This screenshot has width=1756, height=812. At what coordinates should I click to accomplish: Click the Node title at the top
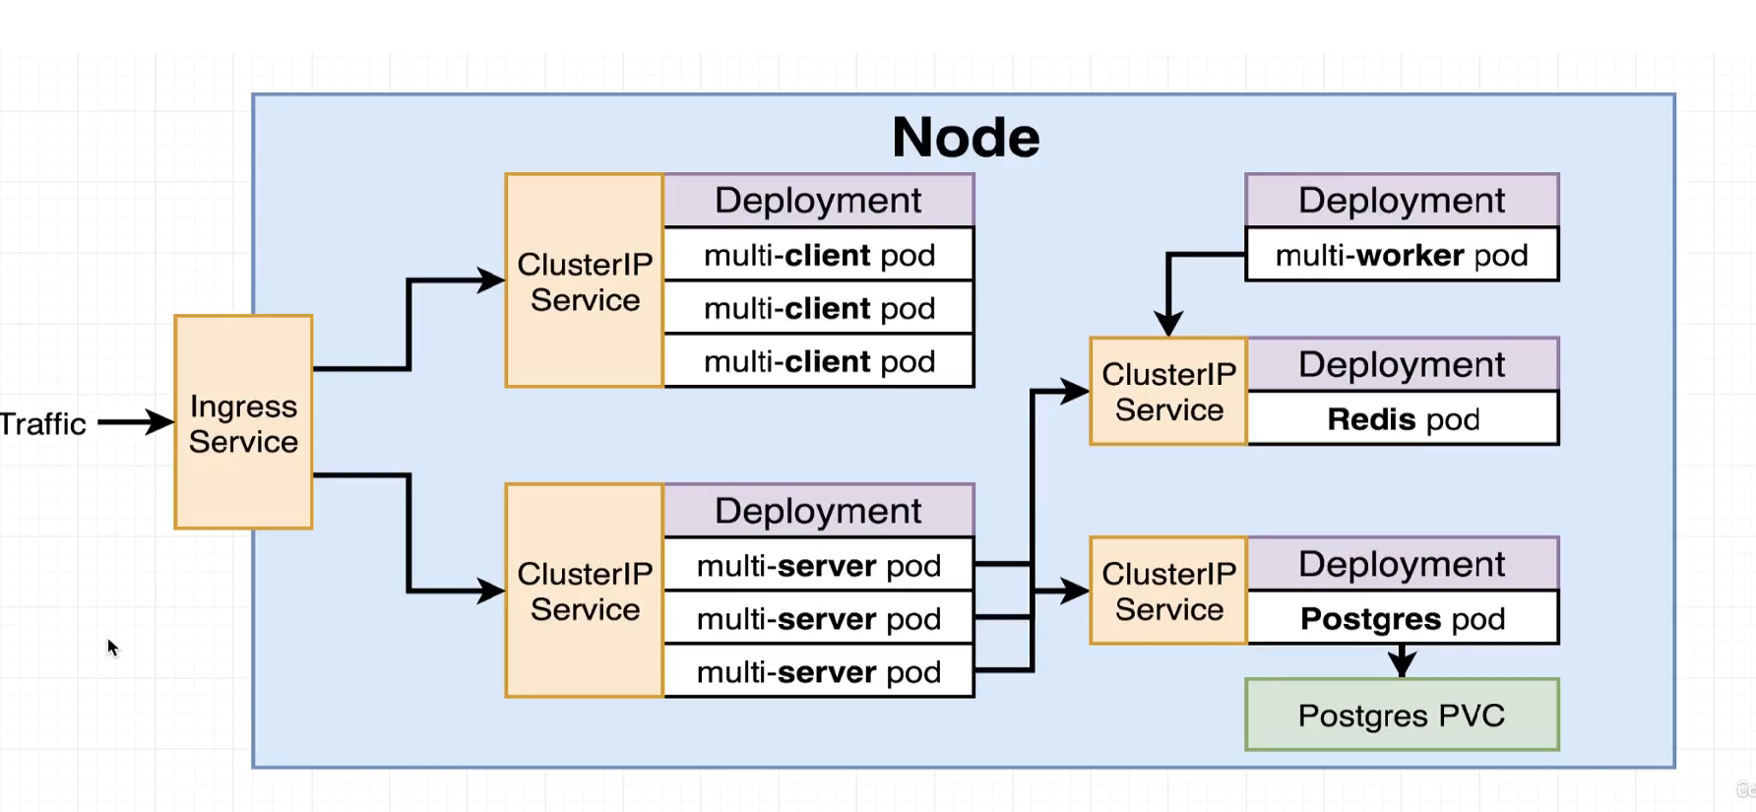pos(965,137)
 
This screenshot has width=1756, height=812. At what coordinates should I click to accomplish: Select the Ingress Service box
pos(243,422)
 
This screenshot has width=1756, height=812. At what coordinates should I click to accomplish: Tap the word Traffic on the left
pos(42,424)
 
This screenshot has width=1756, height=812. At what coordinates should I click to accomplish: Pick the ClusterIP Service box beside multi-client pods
pos(585,281)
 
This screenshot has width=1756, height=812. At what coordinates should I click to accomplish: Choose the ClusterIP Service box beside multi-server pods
pos(585,591)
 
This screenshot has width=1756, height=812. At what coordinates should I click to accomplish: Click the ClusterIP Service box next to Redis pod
pos(1168,392)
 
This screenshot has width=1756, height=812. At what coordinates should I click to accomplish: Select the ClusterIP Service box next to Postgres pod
pos(1168,591)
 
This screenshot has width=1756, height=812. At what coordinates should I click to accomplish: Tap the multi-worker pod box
pos(1402,255)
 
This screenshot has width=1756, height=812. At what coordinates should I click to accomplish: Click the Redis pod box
pos(1403,419)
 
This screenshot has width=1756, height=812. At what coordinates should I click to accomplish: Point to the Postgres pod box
pos(1403,618)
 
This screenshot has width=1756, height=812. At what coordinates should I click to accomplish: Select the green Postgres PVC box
pos(1402,715)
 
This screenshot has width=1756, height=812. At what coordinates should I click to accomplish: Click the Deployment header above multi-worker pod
pos(1402,200)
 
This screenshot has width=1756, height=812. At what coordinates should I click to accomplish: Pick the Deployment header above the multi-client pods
pos(818,200)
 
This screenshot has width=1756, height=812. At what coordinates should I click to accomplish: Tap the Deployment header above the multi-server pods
pos(818,510)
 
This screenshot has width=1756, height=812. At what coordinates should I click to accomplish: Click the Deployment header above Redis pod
pos(1402,364)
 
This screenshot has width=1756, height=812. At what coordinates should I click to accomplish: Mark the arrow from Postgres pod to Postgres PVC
pos(1403,662)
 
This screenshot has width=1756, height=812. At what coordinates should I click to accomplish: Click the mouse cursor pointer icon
pos(112,647)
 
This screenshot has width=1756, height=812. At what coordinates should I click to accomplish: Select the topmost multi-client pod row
pos(819,255)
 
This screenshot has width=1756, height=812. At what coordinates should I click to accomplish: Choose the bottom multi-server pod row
pos(819,672)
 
